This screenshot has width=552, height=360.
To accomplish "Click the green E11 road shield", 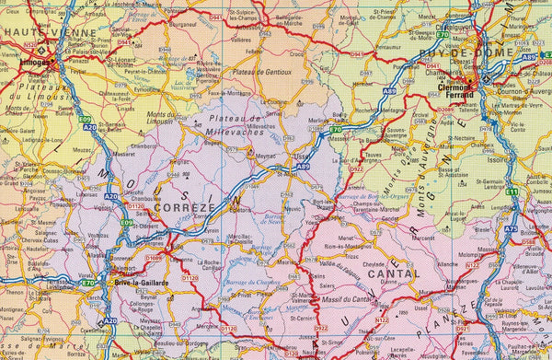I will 512,191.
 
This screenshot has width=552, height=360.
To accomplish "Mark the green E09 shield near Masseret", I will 86,119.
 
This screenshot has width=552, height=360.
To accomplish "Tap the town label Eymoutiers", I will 147,89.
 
